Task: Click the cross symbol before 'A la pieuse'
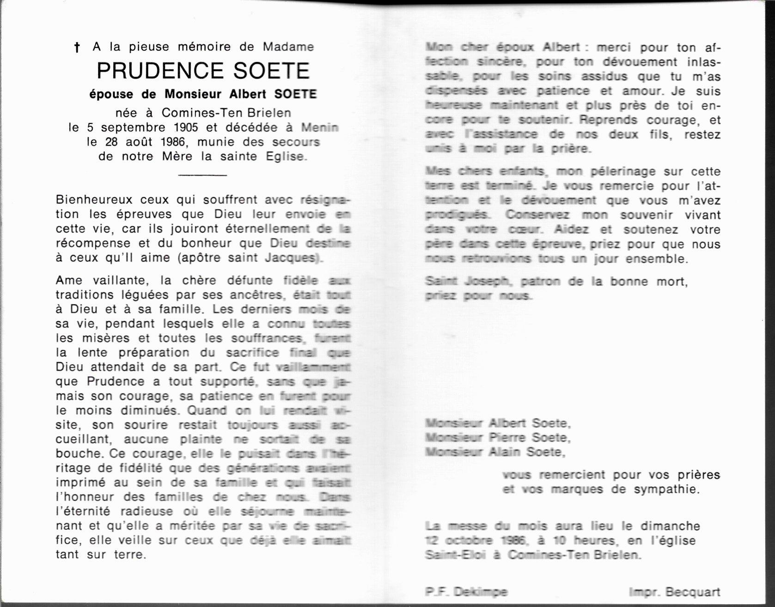coord(77,47)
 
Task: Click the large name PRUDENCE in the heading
coord(161,71)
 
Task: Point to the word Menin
coord(320,127)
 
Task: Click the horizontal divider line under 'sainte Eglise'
coord(202,175)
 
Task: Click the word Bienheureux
coord(94,200)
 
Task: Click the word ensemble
coord(657,258)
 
